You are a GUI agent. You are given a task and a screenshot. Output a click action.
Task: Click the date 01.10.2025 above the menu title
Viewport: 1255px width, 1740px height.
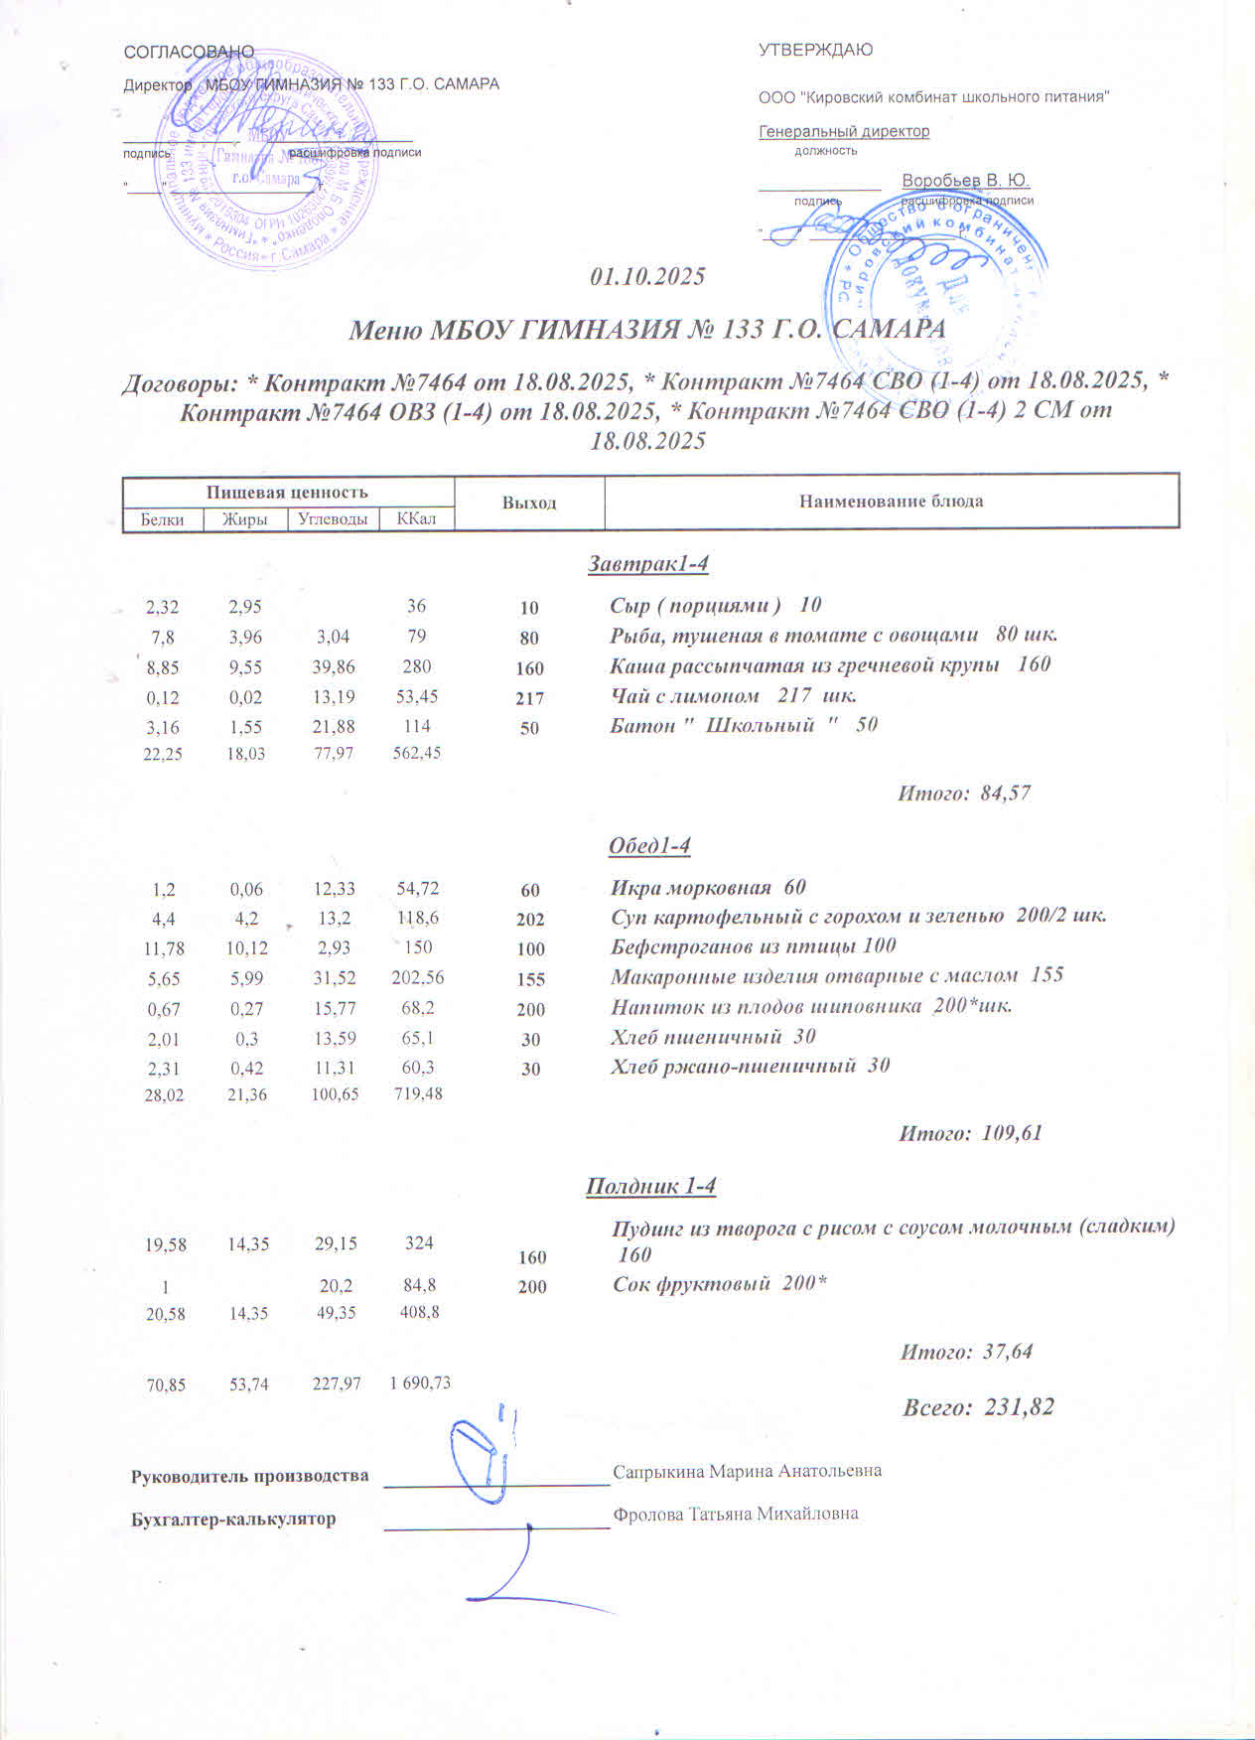647,276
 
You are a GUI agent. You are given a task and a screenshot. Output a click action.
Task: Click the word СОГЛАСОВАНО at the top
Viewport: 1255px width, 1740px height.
189,52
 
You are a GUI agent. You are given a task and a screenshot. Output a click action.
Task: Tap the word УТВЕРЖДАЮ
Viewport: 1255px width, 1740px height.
815,50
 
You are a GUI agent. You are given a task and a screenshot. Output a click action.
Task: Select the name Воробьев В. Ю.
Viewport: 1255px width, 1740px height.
965,181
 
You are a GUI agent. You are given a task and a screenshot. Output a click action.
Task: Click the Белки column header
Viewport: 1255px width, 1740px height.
162,519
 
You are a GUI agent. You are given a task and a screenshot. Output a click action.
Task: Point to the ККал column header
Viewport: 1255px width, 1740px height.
416,518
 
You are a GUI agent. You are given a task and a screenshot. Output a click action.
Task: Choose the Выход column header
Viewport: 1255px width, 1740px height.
528,503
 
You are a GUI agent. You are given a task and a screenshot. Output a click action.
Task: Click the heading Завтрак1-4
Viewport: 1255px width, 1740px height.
647,564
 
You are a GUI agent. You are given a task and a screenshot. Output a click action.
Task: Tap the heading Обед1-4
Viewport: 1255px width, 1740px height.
648,845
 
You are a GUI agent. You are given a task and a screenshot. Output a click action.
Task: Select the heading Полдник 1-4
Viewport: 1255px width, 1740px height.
650,1186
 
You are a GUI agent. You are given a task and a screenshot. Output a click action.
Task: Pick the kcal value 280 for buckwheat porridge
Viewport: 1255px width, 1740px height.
417,666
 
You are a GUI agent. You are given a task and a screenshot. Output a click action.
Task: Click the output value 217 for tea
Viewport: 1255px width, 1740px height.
529,698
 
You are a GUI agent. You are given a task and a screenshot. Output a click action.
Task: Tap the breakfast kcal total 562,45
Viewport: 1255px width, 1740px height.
417,753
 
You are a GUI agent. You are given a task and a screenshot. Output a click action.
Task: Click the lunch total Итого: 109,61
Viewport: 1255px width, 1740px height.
970,1133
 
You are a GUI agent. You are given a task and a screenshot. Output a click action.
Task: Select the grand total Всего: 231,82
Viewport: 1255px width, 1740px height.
978,1407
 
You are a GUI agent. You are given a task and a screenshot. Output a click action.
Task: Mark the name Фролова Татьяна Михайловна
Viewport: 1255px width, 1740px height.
735,1515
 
